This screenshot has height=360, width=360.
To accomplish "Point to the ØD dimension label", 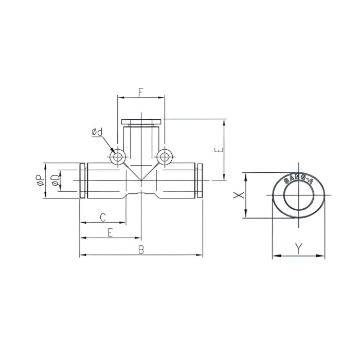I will (55, 181).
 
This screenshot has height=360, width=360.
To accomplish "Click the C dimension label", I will (102, 217).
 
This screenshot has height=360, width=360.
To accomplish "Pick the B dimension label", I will (140, 249).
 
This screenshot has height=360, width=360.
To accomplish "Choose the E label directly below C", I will (110, 232).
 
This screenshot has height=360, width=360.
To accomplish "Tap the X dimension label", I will (237, 195).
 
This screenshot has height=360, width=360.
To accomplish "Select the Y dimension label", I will (299, 248).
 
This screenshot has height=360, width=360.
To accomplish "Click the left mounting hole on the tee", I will (118, 156).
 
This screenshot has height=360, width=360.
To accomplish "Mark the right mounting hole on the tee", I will (164, 156).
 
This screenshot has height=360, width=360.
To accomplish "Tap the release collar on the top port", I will (141, 122).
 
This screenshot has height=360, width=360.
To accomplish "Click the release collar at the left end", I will (82, 181).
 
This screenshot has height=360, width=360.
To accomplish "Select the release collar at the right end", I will (200, 181).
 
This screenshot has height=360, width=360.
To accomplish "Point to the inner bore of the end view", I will (297, 195).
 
